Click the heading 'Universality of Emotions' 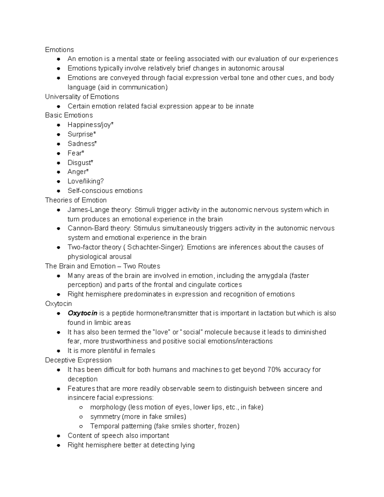click(x=82, y=97)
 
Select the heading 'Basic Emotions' click(x=69, y=115)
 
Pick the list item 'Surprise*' click(x=82, y=134)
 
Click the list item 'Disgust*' click(x=80, y=163)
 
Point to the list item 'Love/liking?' click(x=85, y=181)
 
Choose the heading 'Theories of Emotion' click(x=76, y=200)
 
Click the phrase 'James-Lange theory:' click(x=100, y=210)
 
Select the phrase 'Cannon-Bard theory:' click(x=100, y=228)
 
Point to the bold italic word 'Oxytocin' click(x=82, y=313)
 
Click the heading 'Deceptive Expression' click(x=78, y=360)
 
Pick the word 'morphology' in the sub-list click(x=108, y=407)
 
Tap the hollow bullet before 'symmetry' click(x=81, y=417)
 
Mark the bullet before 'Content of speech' click(x=59, y=436)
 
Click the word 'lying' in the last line click(x=187, y=445)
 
